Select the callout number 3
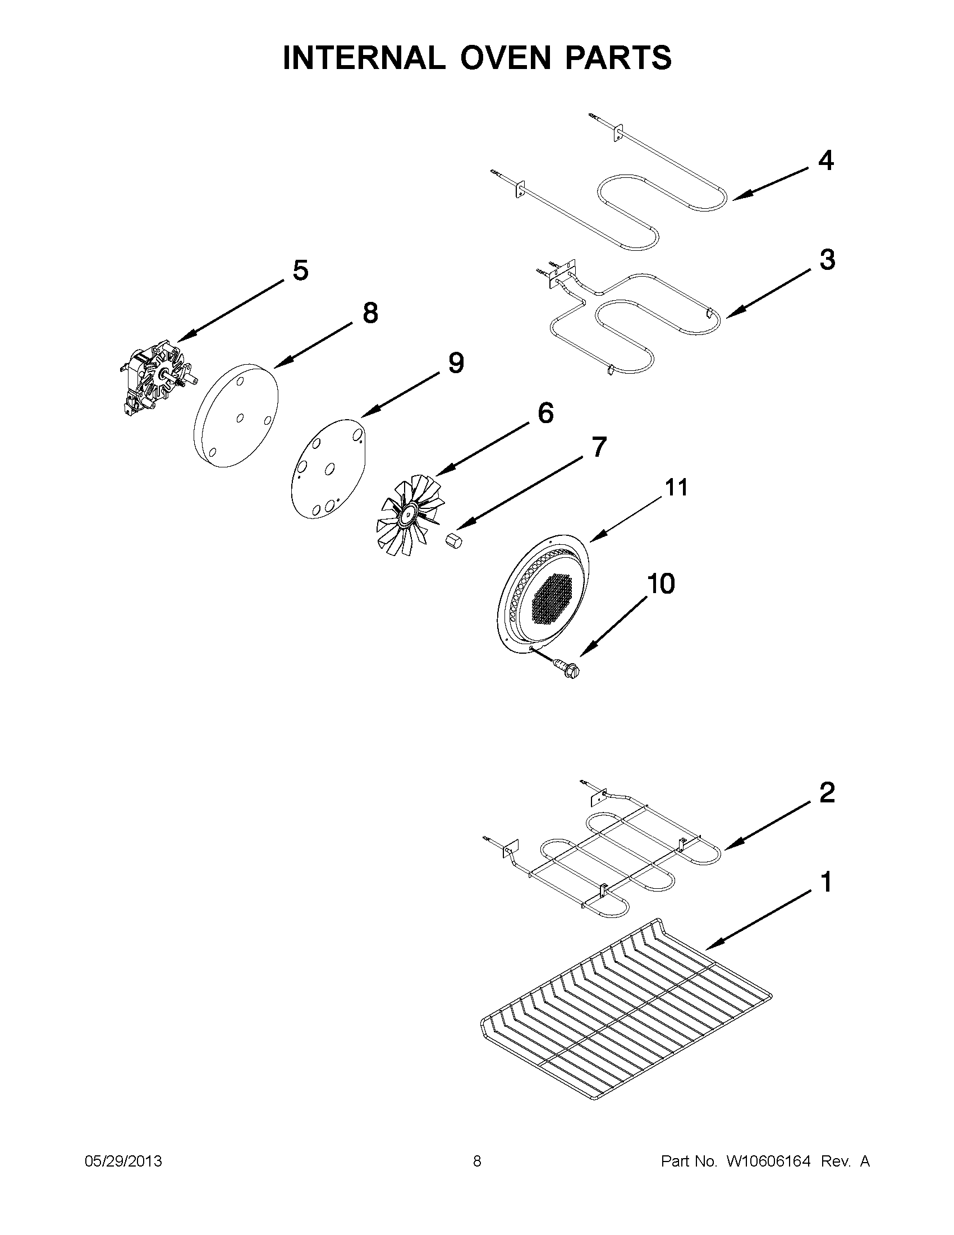827,260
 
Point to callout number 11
676,487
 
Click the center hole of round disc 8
240,418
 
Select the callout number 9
456,364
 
